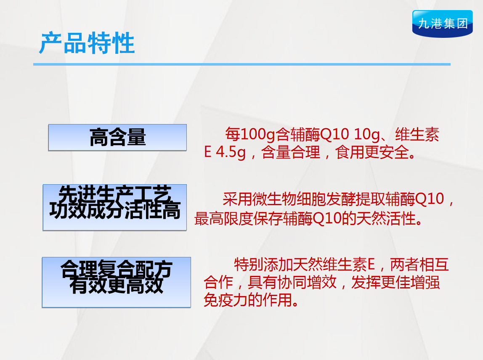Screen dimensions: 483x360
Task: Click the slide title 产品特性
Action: [87, 43]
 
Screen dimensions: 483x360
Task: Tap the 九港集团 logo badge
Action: [442, 24]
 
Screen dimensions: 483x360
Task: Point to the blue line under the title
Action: [242, 64]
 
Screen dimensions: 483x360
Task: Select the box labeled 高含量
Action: [117, 138]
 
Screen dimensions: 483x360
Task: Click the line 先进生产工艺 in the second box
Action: [115, 193]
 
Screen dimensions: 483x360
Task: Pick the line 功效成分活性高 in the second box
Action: [115, 210]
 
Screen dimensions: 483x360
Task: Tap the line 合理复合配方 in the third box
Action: [117, 269]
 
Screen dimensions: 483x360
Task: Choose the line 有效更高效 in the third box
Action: [117, 285]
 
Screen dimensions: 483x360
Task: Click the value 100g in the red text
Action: [257, 135]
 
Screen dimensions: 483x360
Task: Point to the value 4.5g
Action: [231, 152]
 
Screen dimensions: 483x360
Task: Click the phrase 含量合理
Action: [291, 152]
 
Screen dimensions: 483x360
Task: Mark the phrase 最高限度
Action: [224, 219]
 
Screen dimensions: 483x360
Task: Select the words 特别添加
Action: [263, 265]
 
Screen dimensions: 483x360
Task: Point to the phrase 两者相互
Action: [419, 265]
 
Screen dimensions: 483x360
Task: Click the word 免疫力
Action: [226, 300]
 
